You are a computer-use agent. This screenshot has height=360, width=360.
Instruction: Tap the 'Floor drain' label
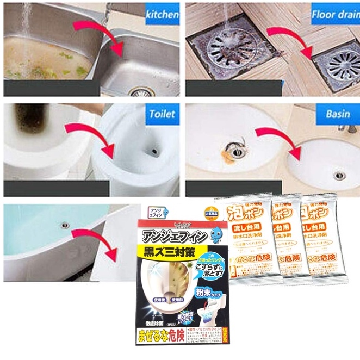(x=334, y=14)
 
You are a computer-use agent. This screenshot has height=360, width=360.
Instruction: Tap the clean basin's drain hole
(x=338, y=175)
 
